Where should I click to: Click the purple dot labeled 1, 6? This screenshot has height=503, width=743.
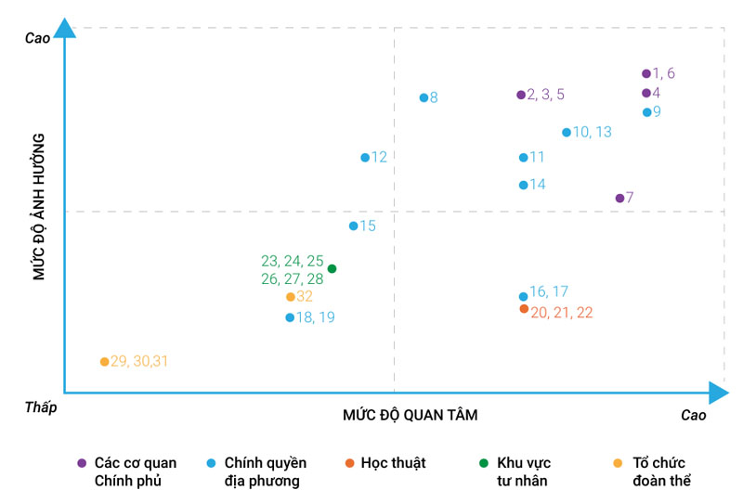click(x=645, y=73)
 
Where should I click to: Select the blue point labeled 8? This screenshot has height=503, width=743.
click(x=424, y=97)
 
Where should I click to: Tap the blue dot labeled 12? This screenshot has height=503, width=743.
click(x=365, y=158)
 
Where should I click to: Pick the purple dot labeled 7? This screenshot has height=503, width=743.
click(x=619, y=198)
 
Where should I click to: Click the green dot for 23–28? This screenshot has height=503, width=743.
click(x=332, y=269)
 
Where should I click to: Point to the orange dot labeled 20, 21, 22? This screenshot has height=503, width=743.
click(x=524, y=309)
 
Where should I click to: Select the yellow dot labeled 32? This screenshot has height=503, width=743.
click(x=290, y=297)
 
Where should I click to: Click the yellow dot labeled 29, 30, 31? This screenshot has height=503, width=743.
click(x=104, y=361)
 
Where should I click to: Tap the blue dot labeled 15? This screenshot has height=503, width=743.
click(x=353, y=226)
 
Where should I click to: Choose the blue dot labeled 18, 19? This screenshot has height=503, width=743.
click(x=290, y=317)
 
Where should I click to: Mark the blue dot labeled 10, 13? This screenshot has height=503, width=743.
click(x=567, y=132)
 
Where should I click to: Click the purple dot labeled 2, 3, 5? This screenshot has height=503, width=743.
click(x=521, y=95)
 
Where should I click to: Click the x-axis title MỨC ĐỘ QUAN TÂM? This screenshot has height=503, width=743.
click(x=410, y=415)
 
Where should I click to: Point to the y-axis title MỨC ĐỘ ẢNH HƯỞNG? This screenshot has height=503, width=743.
click(x=39, y=206)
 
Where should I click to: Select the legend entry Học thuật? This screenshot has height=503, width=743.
click(x=393, y=463)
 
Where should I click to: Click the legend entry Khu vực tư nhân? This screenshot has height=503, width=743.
click(x=522, y=471)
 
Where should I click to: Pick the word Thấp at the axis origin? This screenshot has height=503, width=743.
click(x=39, y=407)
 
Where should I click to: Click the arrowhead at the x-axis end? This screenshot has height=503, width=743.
click(x=716, y=393)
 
